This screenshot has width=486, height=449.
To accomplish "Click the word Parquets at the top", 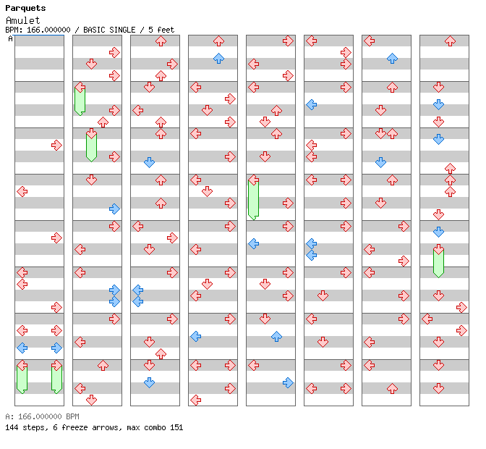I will pos(25,8).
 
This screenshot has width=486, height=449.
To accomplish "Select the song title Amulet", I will pos(23,20).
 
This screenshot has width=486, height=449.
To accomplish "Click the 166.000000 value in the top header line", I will pos(48,30).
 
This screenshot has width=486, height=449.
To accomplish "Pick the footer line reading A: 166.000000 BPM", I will pos(42,417).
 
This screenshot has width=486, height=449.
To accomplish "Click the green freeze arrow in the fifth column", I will pos(253,198).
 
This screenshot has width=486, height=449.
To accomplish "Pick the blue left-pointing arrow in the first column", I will pos(22,348).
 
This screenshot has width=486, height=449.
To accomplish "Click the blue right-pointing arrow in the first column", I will pos(56,348).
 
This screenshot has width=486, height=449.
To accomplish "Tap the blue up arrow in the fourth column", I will pos(218,58).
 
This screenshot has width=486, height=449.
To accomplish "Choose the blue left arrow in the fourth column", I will pos(195,336).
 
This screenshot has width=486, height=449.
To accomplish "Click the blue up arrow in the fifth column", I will pos(276,336).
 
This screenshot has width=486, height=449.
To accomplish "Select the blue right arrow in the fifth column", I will pos(288,382).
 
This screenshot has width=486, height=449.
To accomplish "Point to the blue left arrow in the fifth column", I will pos(253,243).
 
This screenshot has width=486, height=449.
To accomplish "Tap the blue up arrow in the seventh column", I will pos(392,58).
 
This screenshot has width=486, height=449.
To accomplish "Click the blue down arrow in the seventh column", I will pos(380,162).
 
